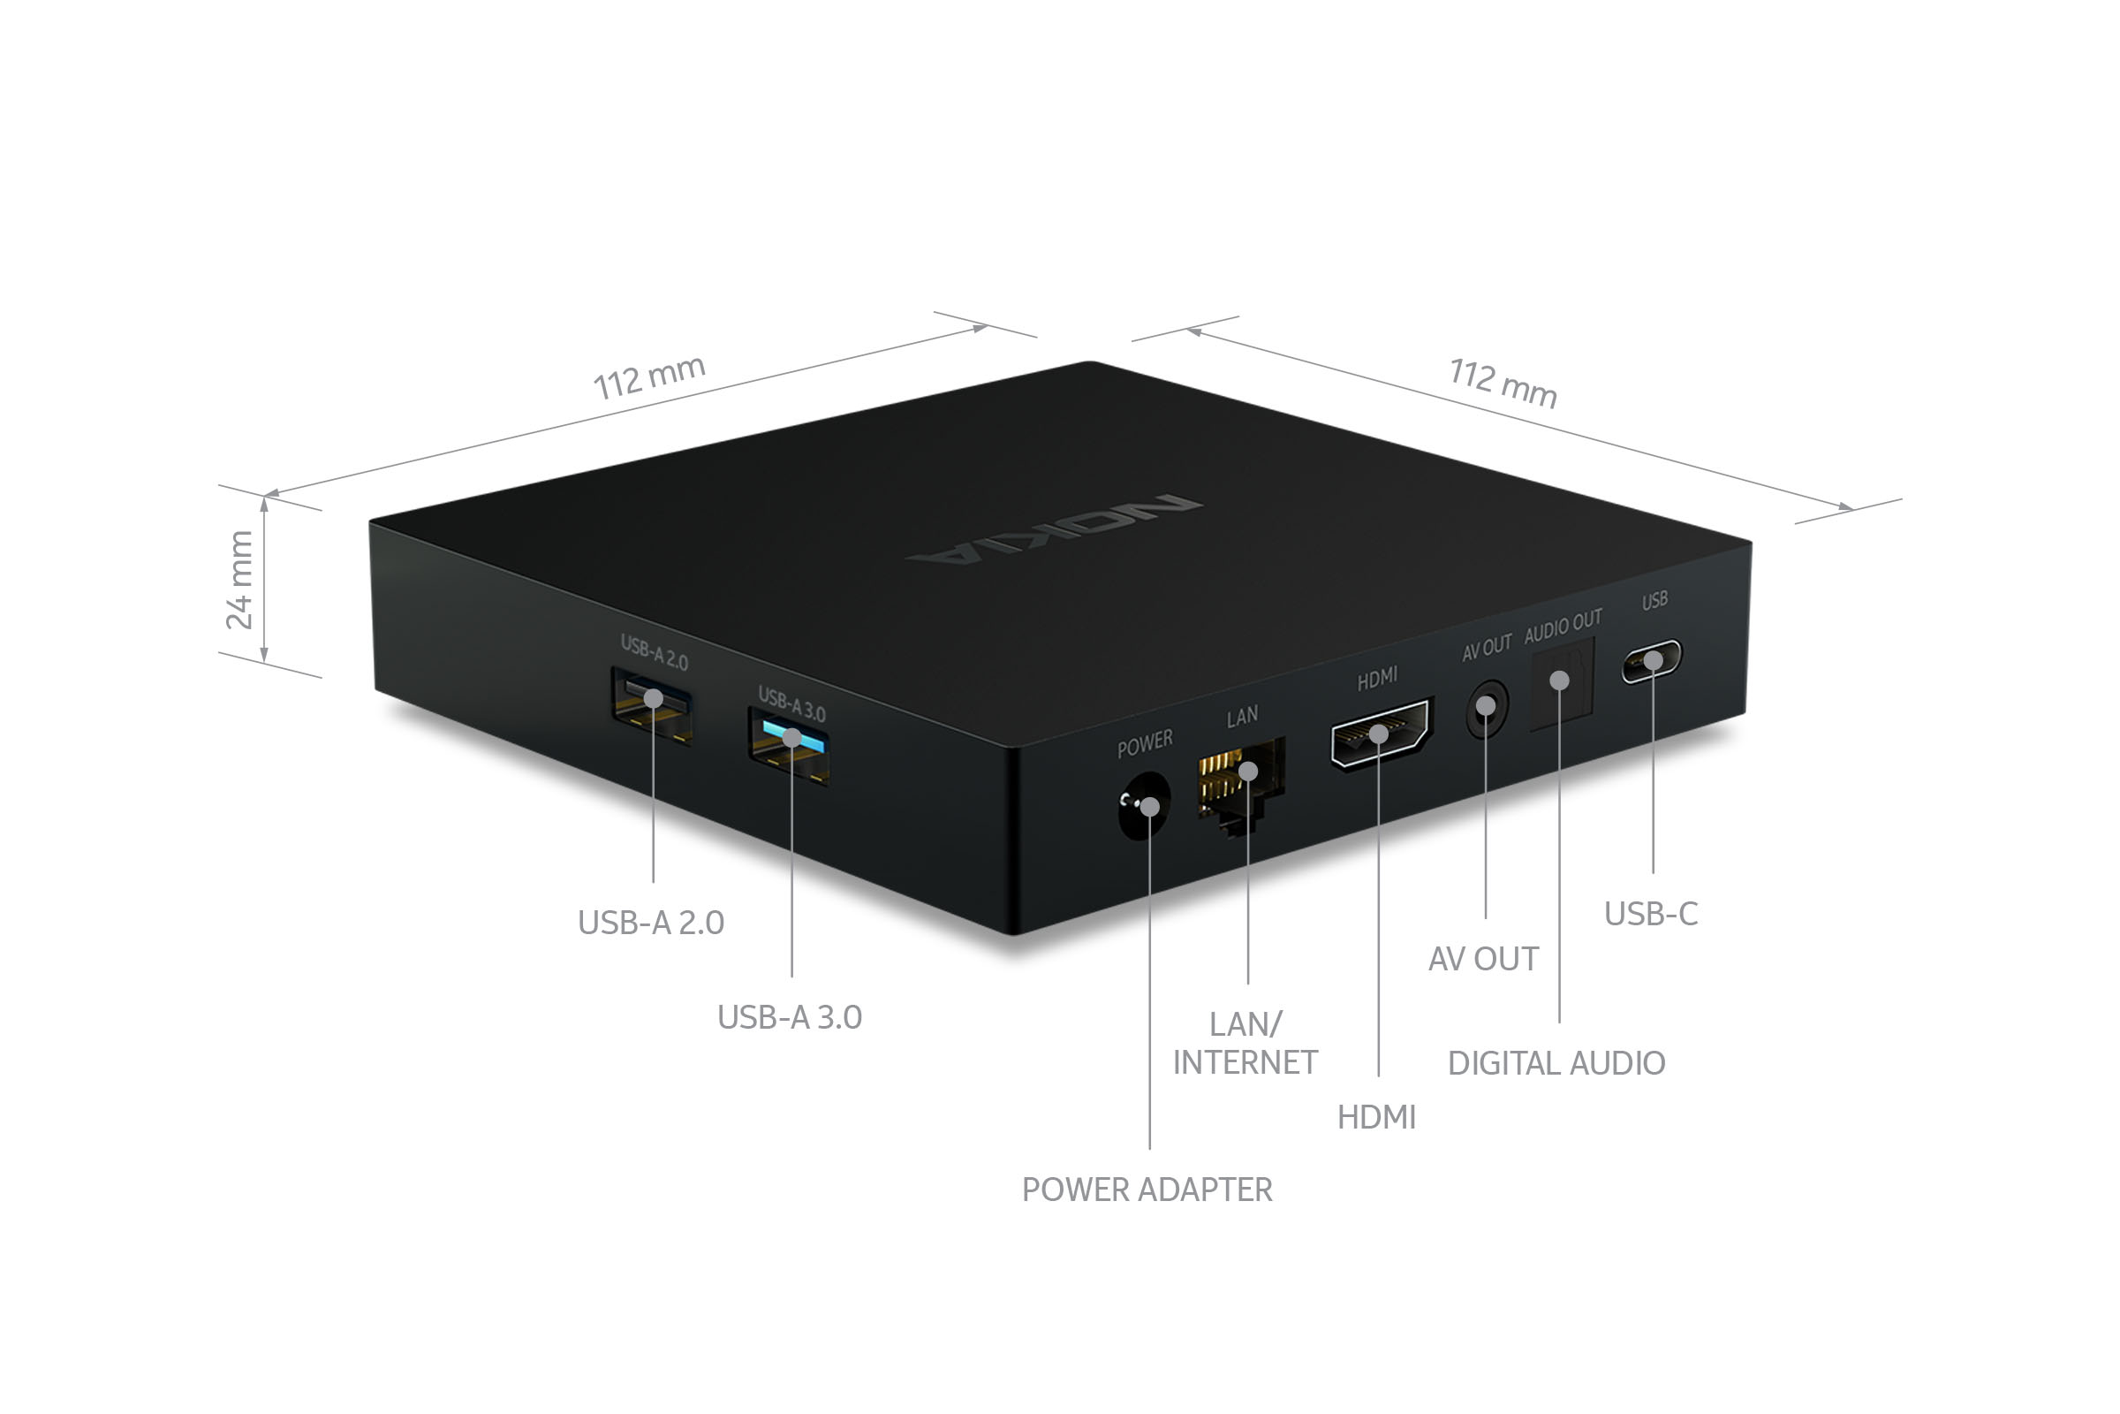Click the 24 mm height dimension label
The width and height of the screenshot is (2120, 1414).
tap(239, 579)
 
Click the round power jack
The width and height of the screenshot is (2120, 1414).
tap(1144, 804)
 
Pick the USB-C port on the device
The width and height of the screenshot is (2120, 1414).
tap(1651, 661)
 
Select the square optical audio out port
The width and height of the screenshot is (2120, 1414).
tap(1562, 682)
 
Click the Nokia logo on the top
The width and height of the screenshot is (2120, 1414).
tap(1054, 529)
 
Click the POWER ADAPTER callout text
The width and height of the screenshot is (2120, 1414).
tap(1147, 1190)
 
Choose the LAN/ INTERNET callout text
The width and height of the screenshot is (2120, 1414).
tap(1245, 1044)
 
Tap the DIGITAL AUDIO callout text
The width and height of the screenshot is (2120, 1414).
tap(1556, 1063)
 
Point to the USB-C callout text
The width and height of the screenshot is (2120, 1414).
tap(1650, 914)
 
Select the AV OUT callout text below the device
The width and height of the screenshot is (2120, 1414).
tap(1484, 959)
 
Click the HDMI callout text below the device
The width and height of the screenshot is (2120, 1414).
tap(1376, 1117)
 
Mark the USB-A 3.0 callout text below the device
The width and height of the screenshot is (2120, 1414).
tap(790, 1017)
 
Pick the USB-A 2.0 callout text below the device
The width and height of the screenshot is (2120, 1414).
tap(651, 923)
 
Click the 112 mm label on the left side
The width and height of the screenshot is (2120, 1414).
tap(649, 376)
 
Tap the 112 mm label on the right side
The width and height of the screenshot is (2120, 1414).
tap(1503, 384)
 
